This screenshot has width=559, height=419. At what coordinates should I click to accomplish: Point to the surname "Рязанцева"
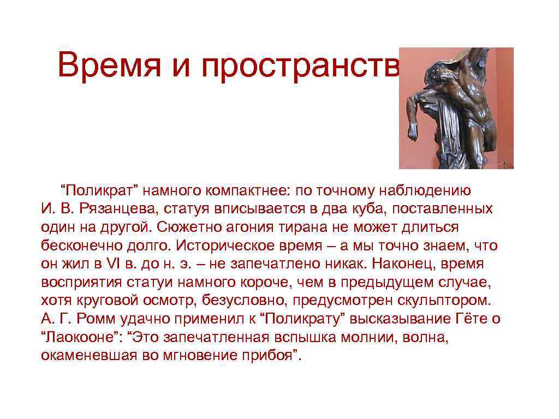115,208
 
